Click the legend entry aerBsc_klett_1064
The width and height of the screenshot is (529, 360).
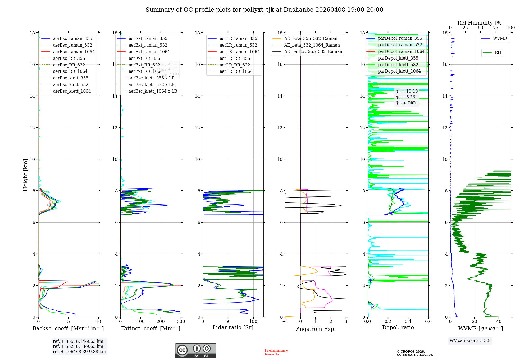72,91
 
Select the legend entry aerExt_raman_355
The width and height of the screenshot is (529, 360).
148,39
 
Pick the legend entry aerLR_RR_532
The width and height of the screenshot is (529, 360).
235,65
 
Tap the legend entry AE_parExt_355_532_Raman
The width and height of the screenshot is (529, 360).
313,52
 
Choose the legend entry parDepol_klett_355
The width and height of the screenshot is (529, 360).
398,58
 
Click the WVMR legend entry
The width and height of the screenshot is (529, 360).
500,38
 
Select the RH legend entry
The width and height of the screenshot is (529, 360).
498,53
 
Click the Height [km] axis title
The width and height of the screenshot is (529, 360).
25,175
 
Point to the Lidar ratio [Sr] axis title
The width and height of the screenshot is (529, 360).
233,327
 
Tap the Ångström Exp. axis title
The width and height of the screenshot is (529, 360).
316,329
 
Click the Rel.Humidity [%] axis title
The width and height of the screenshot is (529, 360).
480,23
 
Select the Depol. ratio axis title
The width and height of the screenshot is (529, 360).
398,327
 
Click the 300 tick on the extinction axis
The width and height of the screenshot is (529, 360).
181,322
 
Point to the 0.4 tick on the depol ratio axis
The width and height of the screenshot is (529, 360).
408,322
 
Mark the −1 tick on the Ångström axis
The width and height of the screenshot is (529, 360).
285,322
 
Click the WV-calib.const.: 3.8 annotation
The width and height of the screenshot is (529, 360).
470,341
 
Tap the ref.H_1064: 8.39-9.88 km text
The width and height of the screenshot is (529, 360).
79,352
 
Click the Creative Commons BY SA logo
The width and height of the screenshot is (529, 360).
195,350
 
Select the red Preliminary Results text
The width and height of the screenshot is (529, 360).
276,352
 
